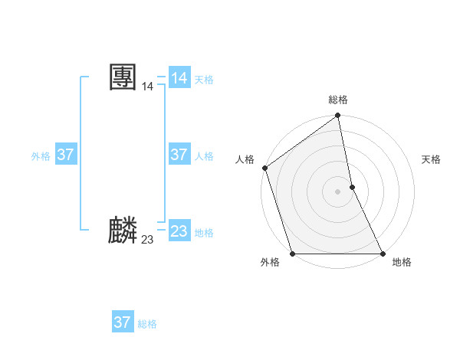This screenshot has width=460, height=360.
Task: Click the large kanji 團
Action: click(x=123, y=77)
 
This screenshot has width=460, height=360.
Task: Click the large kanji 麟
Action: click(x=123, y=231)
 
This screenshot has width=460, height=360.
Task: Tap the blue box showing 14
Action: click(x=179, y=78)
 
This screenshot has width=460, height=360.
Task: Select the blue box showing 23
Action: click(x=179, y=231)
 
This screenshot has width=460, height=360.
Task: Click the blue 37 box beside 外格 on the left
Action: click(x=66, y=155)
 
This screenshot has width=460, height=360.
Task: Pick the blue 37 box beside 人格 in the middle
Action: click(x=179, y=155)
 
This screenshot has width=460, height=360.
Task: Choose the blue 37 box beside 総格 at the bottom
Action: click(x=123, y=322)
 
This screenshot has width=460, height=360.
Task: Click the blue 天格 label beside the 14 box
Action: click(x=204, y=80)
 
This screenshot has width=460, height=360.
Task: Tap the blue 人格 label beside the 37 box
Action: click(x=204, y=156)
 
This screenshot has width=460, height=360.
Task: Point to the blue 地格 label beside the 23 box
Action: click(x=204, y=233)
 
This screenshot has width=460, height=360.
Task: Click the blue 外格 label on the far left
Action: click(x=41, y=156)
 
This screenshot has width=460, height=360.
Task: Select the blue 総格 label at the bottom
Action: click(x=147, y=324)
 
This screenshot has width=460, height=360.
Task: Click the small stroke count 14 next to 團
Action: click(x=147, y=87)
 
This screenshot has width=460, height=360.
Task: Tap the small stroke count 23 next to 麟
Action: click(x=147, y=241)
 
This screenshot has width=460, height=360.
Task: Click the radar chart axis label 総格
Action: click(x=338, y=100)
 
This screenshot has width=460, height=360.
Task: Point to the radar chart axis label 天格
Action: click(x=432, y=159)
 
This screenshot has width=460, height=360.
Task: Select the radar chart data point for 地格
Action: click(x=383, y=254)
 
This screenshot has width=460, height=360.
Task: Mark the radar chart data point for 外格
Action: click(x=293, y=254)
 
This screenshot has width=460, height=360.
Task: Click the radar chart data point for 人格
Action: click(x=264, y=168)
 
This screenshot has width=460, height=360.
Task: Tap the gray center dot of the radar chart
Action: click(x=338, y=191)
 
